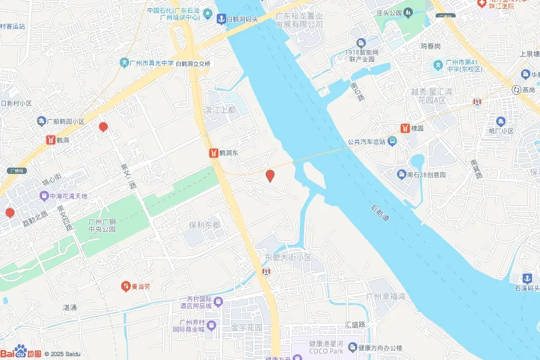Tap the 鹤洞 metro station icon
click(x=51, y=141)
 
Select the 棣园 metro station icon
click(x=405, y=128)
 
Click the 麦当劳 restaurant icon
click(x=126, y=287)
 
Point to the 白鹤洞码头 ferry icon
click(x=222, y=19)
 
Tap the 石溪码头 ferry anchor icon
click(x=526, y=278)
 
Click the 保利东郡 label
click(x=205, y=225)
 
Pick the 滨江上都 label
click(x=220, y=110)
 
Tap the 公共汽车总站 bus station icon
click(x=392, y=141)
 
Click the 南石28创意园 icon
click(x=402, y=174)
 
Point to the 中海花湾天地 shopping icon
click(x=44, y=196)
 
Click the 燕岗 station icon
click(x=515, y=90)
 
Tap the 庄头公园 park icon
click(x=408, y=13)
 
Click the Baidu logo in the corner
click(x=21, y=353)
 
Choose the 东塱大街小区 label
click(x=288, y=258)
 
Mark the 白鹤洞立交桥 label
click(x=192, y=64)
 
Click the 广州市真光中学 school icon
click(x=124, y=63)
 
